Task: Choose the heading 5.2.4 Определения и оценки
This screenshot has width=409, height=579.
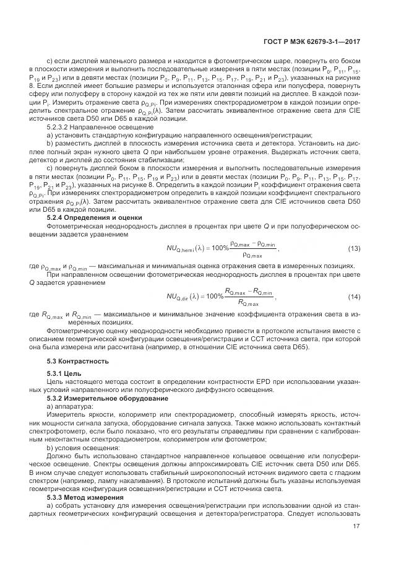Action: tap(95, 217)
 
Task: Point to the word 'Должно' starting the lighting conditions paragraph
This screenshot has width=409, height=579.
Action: tap(58, 455)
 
